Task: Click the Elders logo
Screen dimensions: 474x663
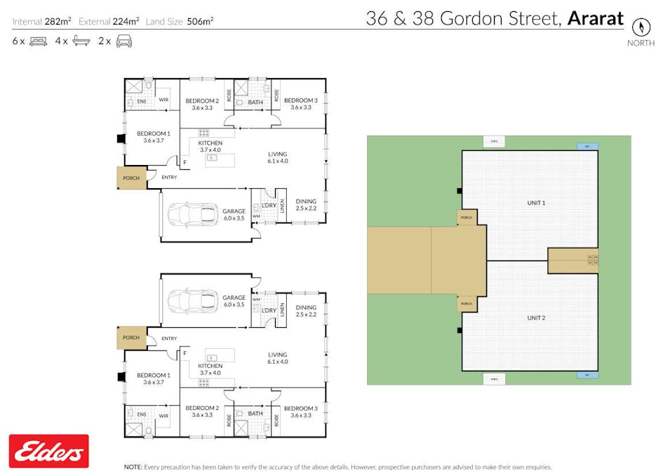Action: pyautogui.click(x=48, y=451)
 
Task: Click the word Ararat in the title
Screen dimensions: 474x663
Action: pyautogui.click(x=595, y=18)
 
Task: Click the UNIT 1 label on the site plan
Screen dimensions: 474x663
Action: pyautogui.click(x=536, y=203)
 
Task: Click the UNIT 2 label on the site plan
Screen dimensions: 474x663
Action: pyautogui.click(x=536, y=317)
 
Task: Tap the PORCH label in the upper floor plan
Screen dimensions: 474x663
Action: pyautogui.click(x=131, y=178)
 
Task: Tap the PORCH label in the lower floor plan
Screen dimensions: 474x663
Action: pyautogui.click(x=131, y=338)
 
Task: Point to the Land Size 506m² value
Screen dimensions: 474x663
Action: pyautogui.click(x=200, y=21)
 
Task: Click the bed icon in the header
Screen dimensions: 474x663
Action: pyautogui.click(x=38, y=41)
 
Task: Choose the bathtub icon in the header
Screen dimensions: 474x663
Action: pyautogui.click(x=81, y=41)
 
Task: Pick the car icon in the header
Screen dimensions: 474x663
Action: pyautogui.click(x=124, y=41)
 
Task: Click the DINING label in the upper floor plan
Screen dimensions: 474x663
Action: pyautogui.click(x=306, y=202)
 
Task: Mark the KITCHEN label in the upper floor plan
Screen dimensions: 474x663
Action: pyautogui.click(x=210, y=143)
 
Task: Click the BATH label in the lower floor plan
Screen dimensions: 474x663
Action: pyautogui.click(x=255, y=414)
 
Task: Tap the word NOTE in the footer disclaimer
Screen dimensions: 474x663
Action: pyautogui.click(x=133, y=467)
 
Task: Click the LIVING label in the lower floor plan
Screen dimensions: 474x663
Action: pyautogui.click(x=278, y=355)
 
